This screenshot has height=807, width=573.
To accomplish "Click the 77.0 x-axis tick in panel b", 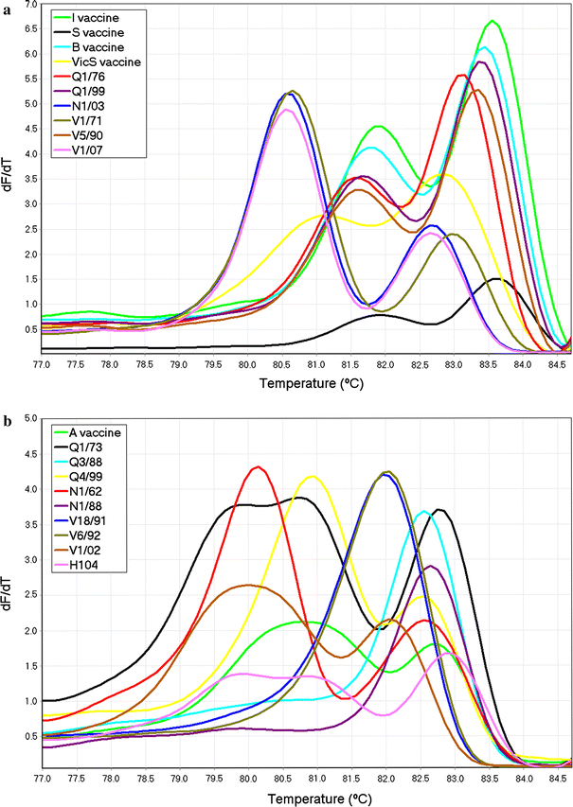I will [x=42, y=780].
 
